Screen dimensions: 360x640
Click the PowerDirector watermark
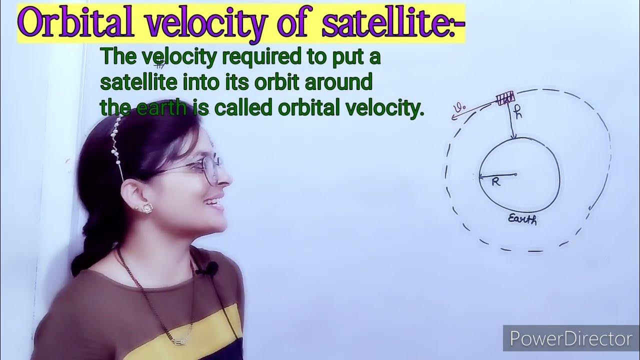[x=570, y=339]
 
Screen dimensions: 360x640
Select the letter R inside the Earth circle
[x=495, y=182]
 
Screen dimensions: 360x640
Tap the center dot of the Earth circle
[x=515, y=174]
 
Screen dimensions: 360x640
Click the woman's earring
[x=147, y=207]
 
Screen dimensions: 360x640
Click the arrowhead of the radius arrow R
[x=481, y=176]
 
